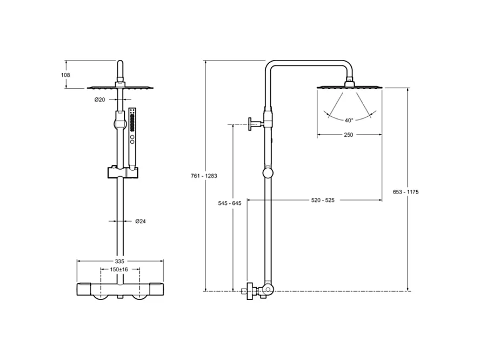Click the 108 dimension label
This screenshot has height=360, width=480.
coord(65,75)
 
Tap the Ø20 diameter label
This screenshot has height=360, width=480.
coord(100,99)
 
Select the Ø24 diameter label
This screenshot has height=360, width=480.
coord(141,221)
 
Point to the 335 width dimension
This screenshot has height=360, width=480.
coord(119,261)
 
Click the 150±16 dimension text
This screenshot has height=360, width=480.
coord(119,269)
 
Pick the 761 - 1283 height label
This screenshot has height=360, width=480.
coord(204,176)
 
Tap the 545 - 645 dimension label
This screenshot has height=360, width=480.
coord(230,203)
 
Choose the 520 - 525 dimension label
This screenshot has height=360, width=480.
coord(323,200)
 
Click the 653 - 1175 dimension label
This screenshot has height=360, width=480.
coord(405,192)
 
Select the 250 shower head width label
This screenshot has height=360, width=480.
coord(348,135)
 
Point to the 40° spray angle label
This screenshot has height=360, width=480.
coord(349,121)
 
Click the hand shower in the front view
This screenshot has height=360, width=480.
coord(132,138)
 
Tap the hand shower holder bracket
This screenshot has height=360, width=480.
coord(123,172)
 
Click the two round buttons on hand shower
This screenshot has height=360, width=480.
coord(132,139)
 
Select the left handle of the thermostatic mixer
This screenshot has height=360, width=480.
coord(84,289)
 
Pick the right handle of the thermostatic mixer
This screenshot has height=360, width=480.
coord(157,289)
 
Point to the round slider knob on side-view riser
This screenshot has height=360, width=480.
coord(268,172)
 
